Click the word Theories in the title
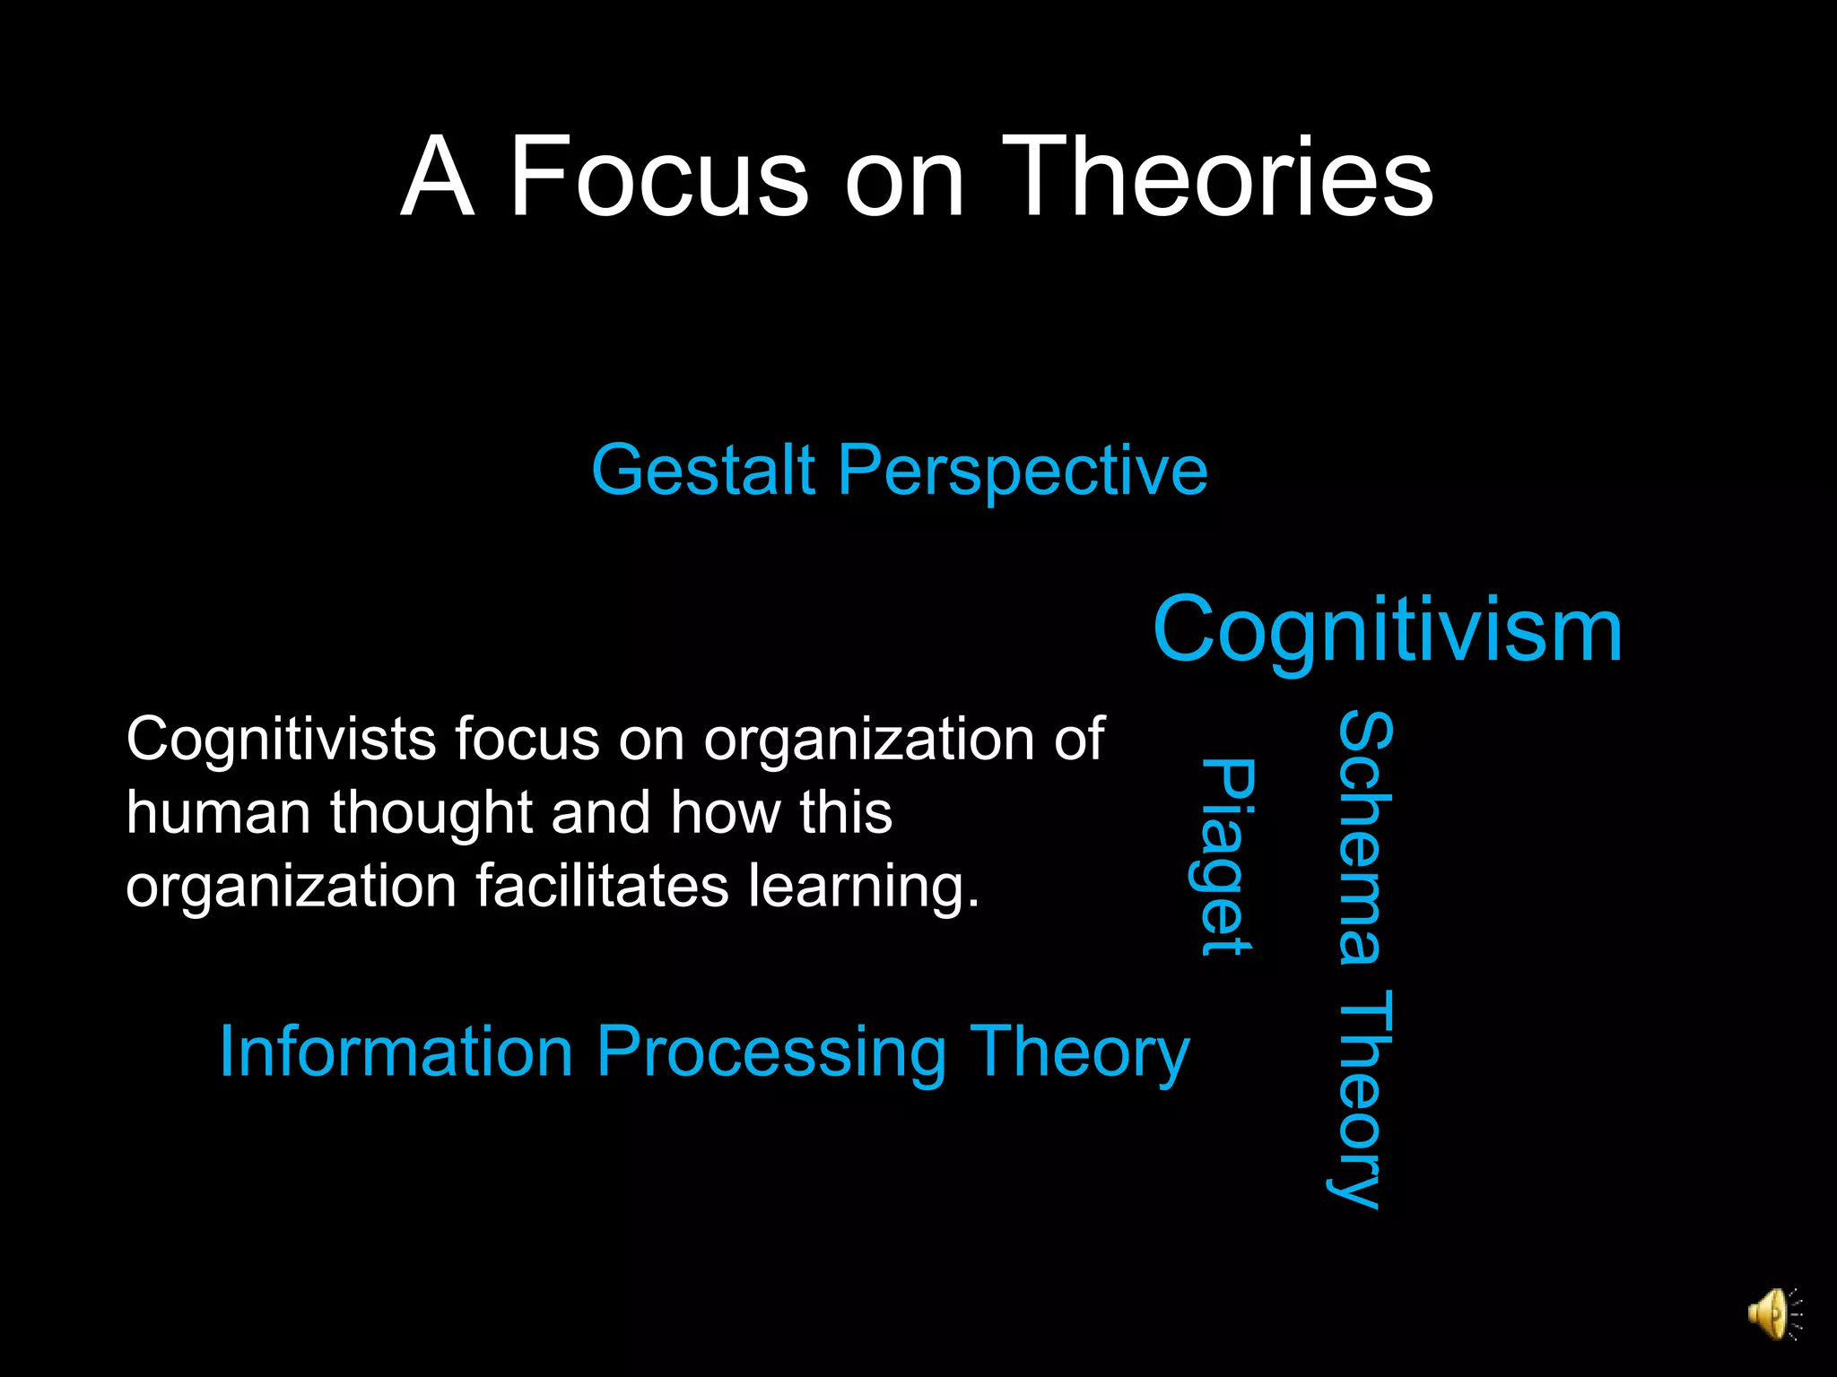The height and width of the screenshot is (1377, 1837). pos(1217,177)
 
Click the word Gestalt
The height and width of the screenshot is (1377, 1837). pos(703,471)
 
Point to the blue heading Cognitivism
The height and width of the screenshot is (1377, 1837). pos(1388,630)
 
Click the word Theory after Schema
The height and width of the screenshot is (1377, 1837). pos(1362,1098)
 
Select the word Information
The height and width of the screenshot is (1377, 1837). pos(396,1052)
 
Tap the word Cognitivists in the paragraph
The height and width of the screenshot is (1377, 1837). pos(281,740)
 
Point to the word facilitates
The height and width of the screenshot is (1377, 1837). pos(603,887)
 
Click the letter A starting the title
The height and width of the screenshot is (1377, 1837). pos(437,177)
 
